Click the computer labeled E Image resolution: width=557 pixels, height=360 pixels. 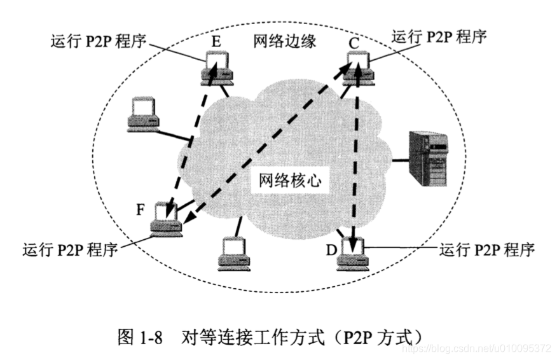217,69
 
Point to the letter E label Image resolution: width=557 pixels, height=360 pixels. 216,42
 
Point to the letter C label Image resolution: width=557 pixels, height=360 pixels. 354,43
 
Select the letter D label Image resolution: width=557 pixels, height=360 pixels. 331,248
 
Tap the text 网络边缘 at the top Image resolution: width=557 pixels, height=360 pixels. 276,41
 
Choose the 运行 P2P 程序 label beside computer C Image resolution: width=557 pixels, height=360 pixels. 439,36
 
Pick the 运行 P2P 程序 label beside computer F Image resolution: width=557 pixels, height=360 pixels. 70,248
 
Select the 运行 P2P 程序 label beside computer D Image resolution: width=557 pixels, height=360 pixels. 486,248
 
